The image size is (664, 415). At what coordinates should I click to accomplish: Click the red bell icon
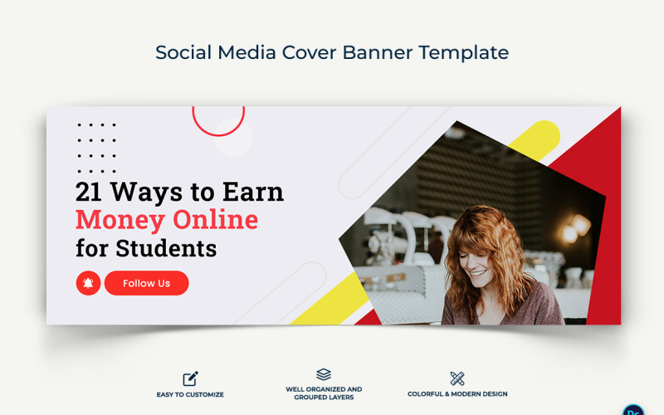[88, 283]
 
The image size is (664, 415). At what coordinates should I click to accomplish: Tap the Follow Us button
[147, 283]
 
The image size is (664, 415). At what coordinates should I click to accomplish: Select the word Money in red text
[120, 220]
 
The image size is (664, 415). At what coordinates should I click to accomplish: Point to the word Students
[166, 247]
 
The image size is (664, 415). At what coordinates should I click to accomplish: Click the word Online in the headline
[216, 220]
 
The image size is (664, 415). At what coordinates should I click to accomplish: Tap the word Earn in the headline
[253, 193]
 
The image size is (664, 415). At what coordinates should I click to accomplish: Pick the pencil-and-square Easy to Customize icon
[190, 378]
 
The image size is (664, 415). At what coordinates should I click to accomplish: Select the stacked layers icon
[324, 374]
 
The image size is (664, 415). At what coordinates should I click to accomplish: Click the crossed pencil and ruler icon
[456, 378]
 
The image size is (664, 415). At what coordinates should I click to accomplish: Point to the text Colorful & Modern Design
[457, 394]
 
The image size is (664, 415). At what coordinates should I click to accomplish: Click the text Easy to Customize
[190, 394]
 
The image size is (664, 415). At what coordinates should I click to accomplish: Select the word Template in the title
[464, 52]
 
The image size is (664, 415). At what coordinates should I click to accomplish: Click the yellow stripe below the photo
[324, 299]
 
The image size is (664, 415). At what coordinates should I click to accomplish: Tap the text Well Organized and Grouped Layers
[324, 393]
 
